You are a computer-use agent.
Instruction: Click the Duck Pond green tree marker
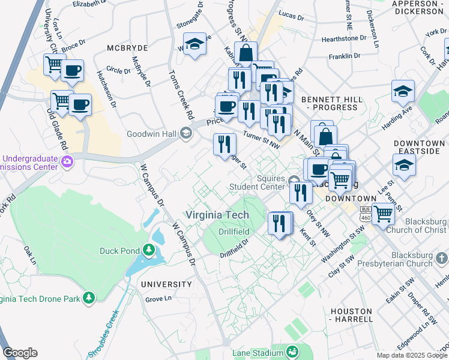(x=149, y=249)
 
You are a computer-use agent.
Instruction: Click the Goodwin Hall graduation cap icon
(x=186, y=134)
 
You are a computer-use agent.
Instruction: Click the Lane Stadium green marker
(x=292, y=351)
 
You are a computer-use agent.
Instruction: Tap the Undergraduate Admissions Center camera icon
(x=67, y=160)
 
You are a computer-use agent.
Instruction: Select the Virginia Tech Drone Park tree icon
(x=89, y=297)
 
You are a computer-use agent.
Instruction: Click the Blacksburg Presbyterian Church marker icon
(x=441, y=258)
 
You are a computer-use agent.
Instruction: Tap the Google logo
(x=20, y=353)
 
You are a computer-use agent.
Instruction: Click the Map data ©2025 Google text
(x=411, y=355)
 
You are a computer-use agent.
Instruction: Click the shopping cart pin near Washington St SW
(x=382, y=213)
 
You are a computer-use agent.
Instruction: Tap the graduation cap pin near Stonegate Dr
(x=194, y=44)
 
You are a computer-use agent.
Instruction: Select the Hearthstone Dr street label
(x=344, y=38)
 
